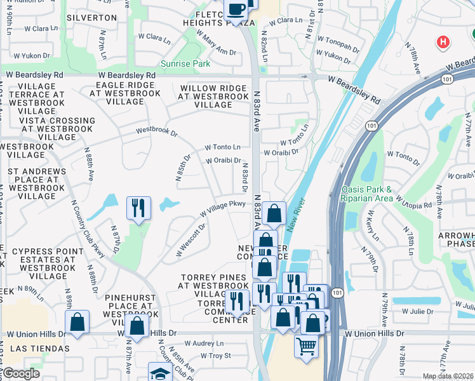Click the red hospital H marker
[443, 42]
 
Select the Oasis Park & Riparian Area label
[376, 194]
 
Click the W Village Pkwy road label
[223, 207]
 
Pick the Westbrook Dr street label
[157, 132]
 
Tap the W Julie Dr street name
[417, 311]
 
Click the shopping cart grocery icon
[306, 346]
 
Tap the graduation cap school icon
[160, 373]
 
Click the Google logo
[20, 373]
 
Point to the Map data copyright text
[448, 377]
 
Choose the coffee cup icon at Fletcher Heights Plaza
[236, 10]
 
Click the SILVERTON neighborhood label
[91, 18]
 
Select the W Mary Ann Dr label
[216, 41]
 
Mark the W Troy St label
[215, 356]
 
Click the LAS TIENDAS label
[39, 349]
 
